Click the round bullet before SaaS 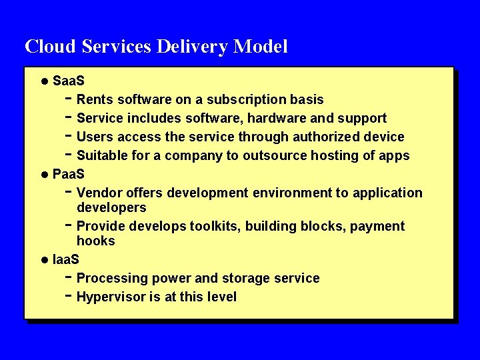click(44, 81)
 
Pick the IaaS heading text click(65, 259)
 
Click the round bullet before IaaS click(44, 259)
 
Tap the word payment click(377, 226)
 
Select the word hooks click(95, 241)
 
